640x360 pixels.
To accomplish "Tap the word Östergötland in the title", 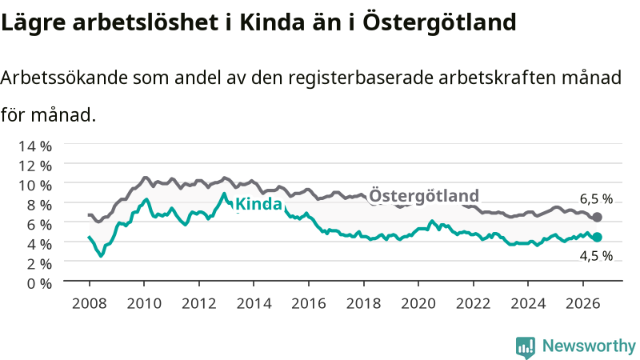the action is click(439, 22).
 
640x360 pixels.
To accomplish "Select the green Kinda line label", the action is click(258, 204).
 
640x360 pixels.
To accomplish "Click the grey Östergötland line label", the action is click(424, 195).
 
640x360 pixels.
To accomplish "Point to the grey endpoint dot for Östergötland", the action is click(597, 217).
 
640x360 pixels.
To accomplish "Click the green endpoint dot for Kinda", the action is click(597, 237).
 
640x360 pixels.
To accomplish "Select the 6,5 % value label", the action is click(596, 198).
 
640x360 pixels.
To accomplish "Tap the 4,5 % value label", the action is click(596, 256).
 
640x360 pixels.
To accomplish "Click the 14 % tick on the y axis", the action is click(35, 146).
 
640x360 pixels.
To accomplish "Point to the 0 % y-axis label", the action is click(39, 283).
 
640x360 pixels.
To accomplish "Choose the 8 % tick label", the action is click(39, 205).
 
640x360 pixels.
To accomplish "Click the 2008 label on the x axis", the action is click(89, 304).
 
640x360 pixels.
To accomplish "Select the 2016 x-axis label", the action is click(309, 304).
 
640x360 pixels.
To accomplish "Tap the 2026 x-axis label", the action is click(583, 304).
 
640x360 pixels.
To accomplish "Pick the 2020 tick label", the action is click(418, 304).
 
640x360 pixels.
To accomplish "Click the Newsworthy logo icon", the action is click(526, 347).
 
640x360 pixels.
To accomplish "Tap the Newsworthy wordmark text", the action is click(589, 346).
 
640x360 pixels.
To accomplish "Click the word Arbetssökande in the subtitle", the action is click(64, 78).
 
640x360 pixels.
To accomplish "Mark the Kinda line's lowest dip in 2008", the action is click(101, 255).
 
